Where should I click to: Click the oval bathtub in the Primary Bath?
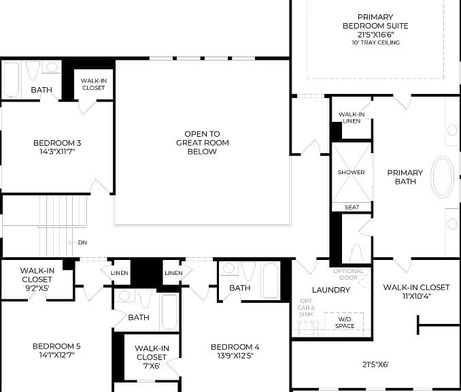442,177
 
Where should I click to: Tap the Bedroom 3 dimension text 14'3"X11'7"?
57,152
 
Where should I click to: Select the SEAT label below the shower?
352,207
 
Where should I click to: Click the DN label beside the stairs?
83,242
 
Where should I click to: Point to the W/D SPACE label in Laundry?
345,323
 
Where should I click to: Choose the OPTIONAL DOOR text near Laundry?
348,274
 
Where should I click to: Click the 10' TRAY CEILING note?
375,42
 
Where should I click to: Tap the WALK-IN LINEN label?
352,118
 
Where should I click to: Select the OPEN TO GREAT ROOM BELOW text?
202,143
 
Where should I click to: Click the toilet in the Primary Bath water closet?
356,252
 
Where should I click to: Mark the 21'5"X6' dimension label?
375,364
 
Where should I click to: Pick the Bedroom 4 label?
235,347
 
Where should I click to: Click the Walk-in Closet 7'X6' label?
152,357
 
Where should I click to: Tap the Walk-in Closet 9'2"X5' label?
37,279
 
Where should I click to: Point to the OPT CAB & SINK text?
306,308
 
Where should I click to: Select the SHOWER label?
351,172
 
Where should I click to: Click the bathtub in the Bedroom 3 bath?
12,80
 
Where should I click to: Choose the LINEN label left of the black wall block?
120,273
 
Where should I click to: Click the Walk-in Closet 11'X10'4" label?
416,291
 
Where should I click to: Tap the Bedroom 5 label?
56,346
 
